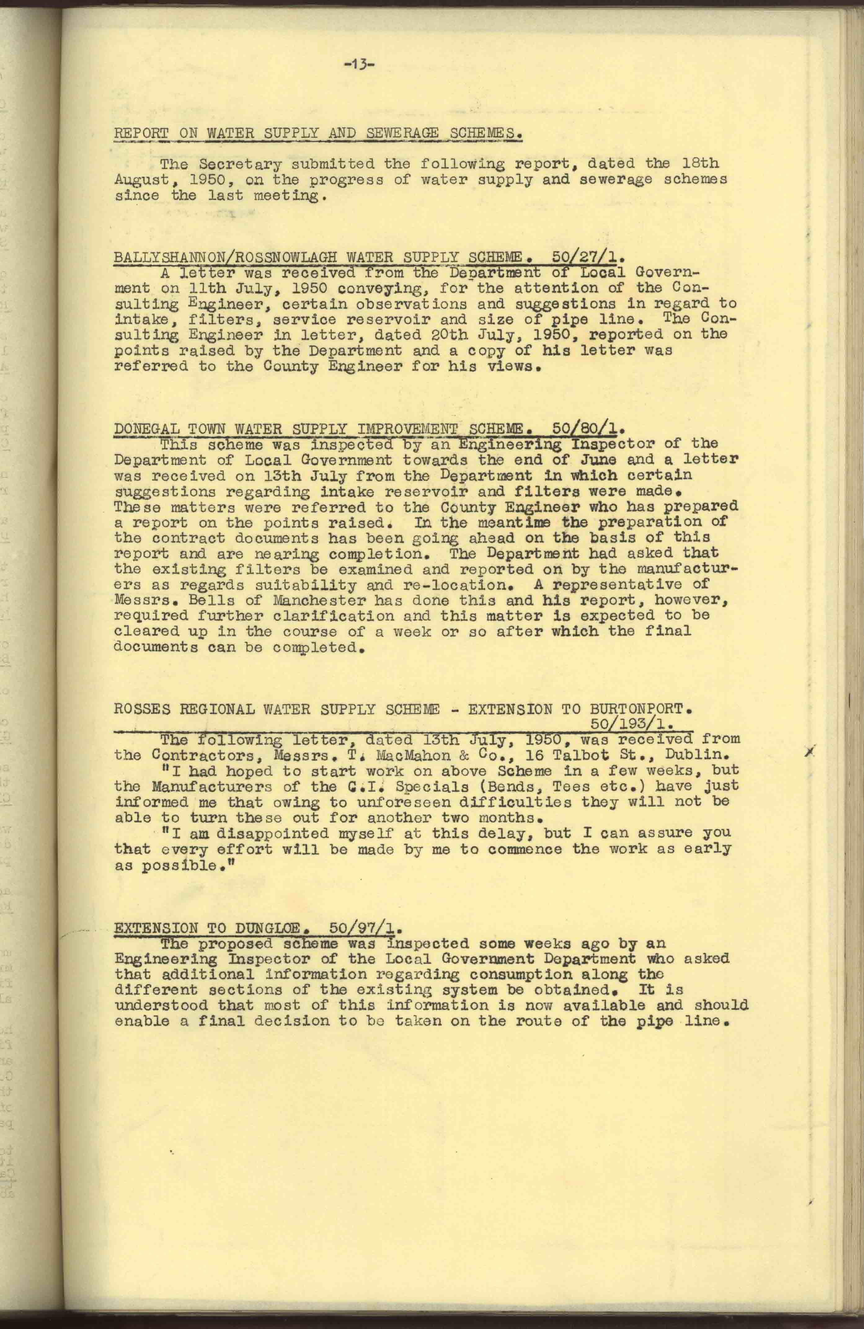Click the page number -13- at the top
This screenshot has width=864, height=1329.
pyautogui.click(x=359, y=65)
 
